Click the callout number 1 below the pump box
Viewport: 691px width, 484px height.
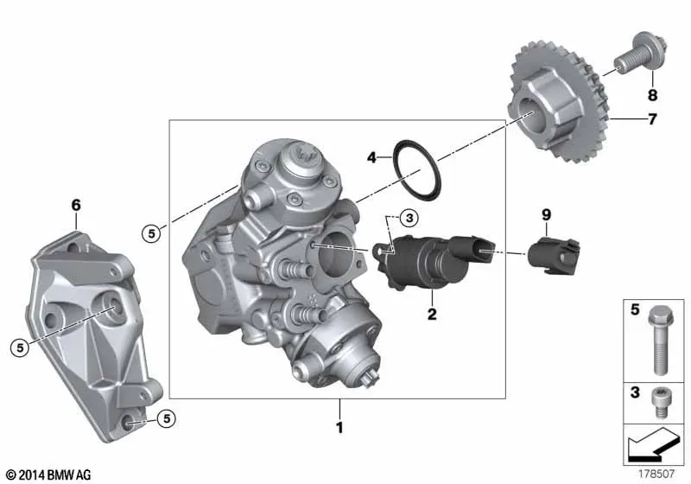339,427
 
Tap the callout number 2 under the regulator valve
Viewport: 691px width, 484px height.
432,314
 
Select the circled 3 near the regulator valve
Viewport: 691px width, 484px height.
409,217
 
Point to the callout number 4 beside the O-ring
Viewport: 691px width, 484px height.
372,157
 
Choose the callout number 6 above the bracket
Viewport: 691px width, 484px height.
76,205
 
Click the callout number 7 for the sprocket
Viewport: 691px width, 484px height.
652,119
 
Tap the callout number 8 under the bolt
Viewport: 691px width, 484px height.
652,95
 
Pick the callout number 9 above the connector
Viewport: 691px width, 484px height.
546,214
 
